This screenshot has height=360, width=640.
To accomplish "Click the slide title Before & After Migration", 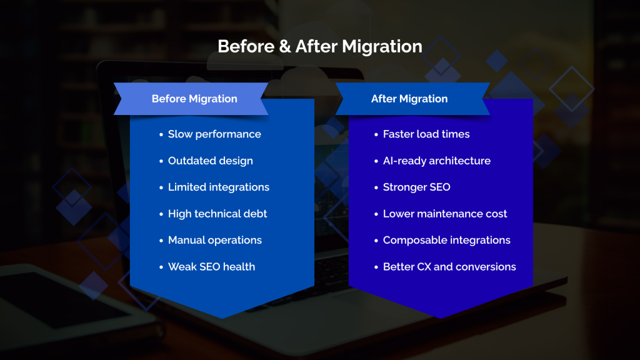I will click(x=319, y=46).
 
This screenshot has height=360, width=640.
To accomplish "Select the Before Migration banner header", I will click(x=194, y=99).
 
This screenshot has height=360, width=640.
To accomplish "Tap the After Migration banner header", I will click(x=409, y=99).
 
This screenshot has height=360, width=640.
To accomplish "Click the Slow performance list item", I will click(x=214, y=134).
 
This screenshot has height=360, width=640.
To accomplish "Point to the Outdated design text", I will click(x=210, y=161).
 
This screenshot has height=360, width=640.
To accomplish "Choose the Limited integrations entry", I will click(x=218, y=187).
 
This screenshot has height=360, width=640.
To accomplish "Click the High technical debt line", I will click(x=217, y=214).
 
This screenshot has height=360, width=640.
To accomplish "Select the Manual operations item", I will click(x=214, y=240).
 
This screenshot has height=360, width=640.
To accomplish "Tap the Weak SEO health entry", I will click(x=211, y=267).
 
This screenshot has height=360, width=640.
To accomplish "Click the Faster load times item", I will click(x=426, y=134).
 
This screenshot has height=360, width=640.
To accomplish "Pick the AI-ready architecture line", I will click(x=436, y=161).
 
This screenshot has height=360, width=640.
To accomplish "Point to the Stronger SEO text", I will click(x=416, y=187).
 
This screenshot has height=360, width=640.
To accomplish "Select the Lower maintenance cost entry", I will click(x=445, y=214).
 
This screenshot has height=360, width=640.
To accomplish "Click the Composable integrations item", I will click(x=446, y=240).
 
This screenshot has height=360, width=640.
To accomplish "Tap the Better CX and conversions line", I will click(x=449, y=267).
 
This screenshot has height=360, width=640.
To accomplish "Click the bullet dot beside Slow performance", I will click(x=161, y=135).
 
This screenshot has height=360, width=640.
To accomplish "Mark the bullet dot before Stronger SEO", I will click(x=376, y=187).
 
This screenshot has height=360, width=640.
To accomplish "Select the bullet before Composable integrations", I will click(x=376, y=241).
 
